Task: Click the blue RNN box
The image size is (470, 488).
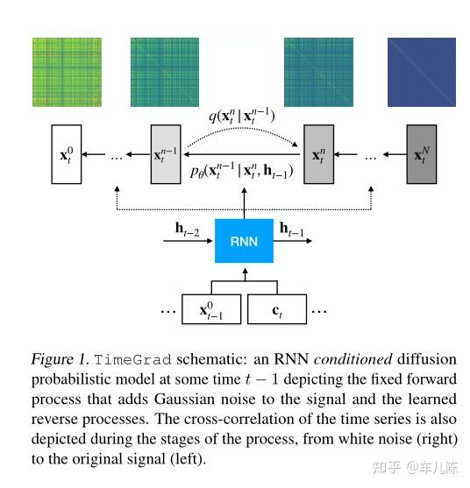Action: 245,240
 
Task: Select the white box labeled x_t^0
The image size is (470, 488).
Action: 66,155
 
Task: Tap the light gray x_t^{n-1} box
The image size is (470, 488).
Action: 165,155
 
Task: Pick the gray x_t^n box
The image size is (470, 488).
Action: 318,155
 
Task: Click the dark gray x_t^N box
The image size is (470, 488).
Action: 421,155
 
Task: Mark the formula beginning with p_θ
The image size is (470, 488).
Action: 240,172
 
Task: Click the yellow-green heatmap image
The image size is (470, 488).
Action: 68,72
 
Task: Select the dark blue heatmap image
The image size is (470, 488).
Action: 422,72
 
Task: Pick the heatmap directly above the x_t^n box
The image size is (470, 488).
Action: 318,72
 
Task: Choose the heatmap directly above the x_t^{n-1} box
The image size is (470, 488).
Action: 164,72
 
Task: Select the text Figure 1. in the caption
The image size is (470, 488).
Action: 60,360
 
